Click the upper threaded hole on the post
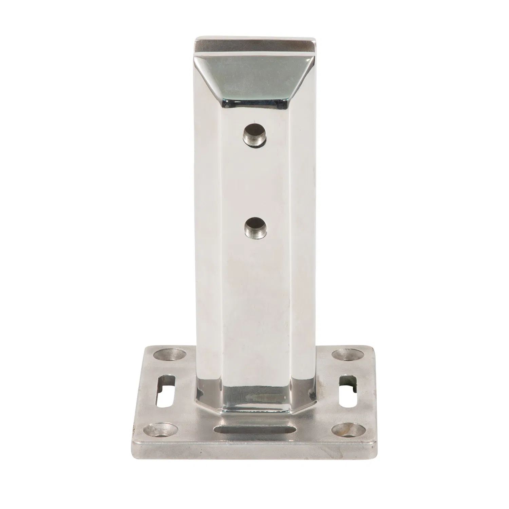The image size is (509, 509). (x=254, y=135)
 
